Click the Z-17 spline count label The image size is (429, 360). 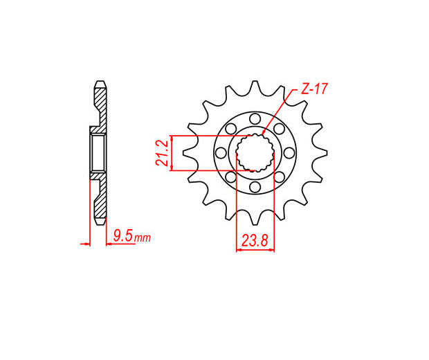coord(314,89)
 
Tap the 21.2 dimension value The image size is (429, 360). coord(162,153)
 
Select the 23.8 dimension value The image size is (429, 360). coord(254,241)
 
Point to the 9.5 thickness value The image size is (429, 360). coord(123,236)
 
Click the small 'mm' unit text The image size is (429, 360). coord(143,238)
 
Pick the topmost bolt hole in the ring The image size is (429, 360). coord(255,119)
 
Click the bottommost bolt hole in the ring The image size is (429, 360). coord(255,187)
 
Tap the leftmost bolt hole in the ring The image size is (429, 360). coord(221,153)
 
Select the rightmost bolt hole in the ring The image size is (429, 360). coord(289,153)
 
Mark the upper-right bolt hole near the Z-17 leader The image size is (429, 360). coord(279,129)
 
